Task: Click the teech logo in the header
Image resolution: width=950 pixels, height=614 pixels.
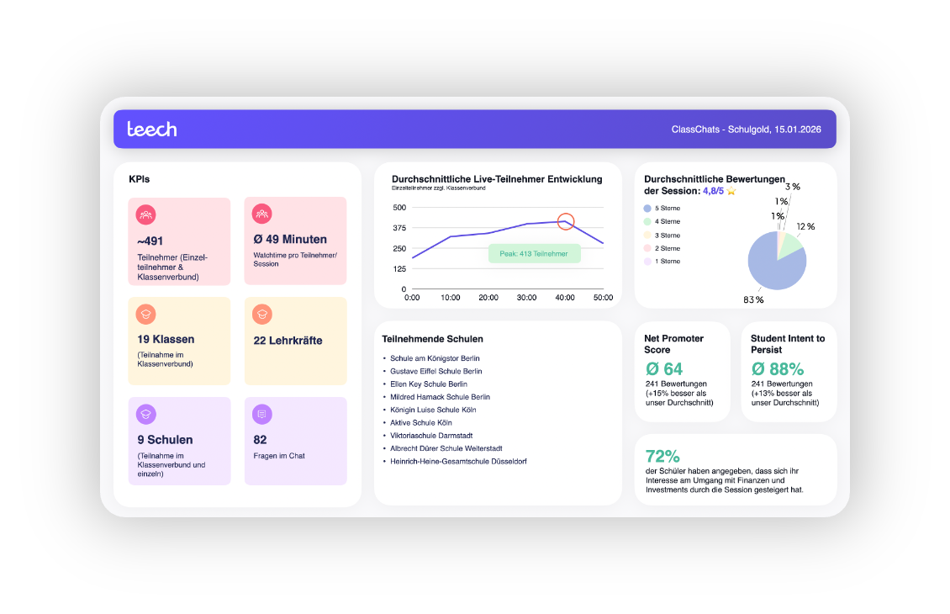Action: coord(152,129)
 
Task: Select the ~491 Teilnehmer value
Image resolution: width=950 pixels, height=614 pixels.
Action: coord(150,241)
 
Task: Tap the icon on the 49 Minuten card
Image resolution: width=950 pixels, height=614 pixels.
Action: coord(262,214)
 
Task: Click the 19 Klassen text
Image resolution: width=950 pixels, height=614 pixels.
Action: coord(166,340)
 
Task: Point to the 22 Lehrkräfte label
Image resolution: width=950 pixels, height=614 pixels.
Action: coord(288,341)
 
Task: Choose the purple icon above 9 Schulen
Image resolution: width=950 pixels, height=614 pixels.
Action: coord(145,414)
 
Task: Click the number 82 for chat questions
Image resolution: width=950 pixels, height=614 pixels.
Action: coord(260,439)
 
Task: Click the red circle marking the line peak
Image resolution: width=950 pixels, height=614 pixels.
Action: coord(566,221)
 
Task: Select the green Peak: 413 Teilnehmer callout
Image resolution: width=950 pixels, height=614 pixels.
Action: coord(534,253)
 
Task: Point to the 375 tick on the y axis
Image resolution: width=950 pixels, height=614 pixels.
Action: coord(398,228)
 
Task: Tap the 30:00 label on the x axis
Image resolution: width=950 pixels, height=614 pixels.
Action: coord(526,298)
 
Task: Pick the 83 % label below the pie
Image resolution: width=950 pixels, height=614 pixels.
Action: coord(753,299)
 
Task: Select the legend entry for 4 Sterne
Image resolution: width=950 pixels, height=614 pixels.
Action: coord(667,221)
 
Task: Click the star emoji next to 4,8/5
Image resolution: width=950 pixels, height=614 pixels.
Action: coord(731,191)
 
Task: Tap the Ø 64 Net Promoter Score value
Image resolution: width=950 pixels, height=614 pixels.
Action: coord(664,368)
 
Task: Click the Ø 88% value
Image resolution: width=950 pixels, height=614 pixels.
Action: coord(777,368)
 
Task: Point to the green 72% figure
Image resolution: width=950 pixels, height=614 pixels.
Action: coord(662,457)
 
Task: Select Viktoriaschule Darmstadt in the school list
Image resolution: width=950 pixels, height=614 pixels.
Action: coord(431,436)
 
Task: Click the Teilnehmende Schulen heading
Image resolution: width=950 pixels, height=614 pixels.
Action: coord(432,339)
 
